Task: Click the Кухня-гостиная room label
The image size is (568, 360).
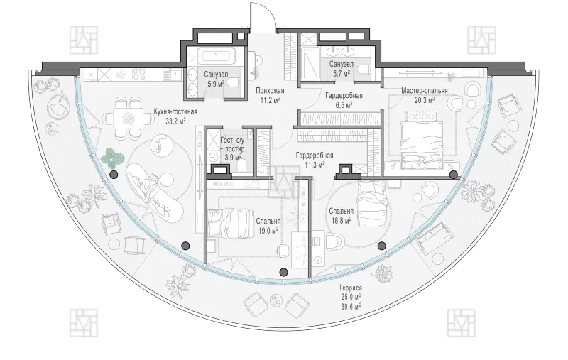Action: point(175,111)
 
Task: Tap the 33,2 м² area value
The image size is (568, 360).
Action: point(175,121)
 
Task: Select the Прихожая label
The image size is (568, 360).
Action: point(270,91)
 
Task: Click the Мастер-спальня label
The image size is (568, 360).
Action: point(425,91)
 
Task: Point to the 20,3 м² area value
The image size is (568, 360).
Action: point(425,99)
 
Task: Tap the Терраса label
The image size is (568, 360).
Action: point(350,288)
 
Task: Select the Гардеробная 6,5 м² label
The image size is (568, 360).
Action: point(344,100)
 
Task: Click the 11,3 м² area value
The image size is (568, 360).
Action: point(315,165)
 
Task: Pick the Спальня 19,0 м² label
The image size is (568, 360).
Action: point(268,225)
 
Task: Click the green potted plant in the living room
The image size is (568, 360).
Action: point(112,157)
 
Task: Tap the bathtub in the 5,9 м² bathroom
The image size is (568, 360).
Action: point(216,57)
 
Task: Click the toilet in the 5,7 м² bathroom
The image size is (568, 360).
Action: point(362,69)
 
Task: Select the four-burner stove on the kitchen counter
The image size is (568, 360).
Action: point(141,75)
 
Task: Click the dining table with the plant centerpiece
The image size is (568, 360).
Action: point(128,118)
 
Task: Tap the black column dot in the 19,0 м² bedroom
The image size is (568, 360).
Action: point(283,272)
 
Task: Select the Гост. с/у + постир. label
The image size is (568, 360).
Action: point(233,148)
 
